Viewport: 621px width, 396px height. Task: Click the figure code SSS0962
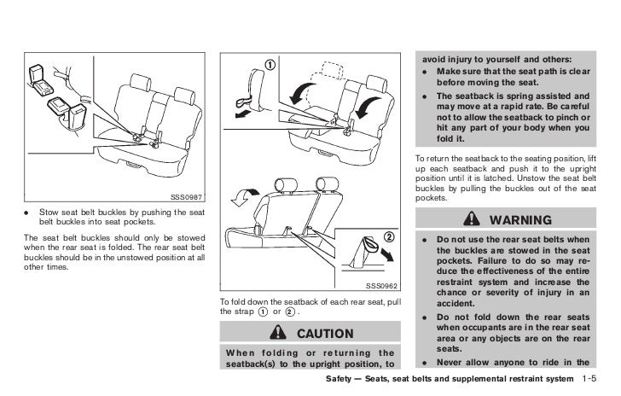pos(382,286)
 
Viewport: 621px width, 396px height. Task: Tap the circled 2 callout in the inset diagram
pos(387,236)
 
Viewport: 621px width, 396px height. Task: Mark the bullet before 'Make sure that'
pos(423,72)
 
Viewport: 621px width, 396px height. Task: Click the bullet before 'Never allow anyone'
pos(423,362)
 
